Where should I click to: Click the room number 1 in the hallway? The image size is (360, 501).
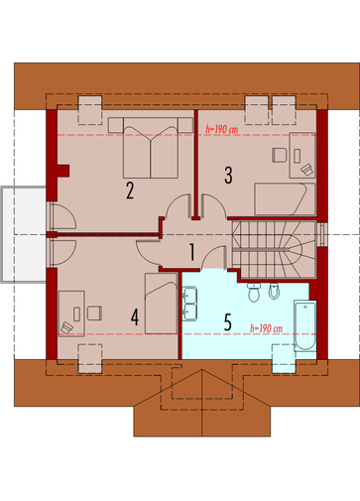(x=191, y=252)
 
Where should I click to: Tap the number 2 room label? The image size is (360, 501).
(x=130, y=190)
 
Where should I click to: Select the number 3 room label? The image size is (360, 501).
(x=228, y=175)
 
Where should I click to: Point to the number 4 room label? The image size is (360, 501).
(x=135, y=317)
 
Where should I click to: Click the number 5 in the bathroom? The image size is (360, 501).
(x=227, y=321)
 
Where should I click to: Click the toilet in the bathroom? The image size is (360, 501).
(x=254, y=293)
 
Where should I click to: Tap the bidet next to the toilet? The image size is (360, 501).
(x=274, y=292)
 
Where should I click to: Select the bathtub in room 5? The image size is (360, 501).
(x=304, y=325)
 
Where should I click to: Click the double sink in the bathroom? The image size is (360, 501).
(x=189, y=304)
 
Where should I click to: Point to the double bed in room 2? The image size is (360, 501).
(x=151, y=148)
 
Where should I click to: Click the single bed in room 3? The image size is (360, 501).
(x=285, y=199)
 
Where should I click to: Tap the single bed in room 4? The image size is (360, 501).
(x=161, y=304)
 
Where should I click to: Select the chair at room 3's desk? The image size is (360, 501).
(x=280, y=155)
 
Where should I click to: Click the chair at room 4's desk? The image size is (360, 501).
(x=94, y=313)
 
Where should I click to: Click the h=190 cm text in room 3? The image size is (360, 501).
(x=221, y=129)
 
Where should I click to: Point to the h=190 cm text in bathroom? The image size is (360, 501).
(x=266, y=328)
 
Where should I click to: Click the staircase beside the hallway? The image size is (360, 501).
(x=274, y=250)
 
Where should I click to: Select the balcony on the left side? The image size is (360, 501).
(x=23, y=234)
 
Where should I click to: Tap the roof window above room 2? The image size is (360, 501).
(x=90, y=110)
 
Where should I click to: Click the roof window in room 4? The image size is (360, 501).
(x=90, y=359)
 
